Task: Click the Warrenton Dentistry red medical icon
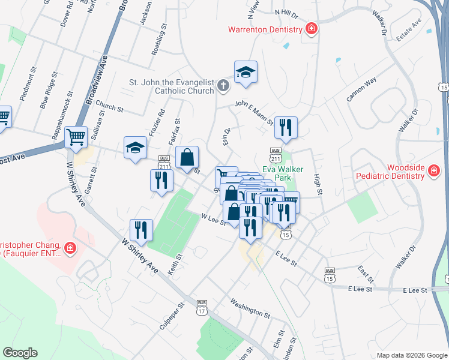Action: [x=312, y=29]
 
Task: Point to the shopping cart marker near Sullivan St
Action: [x=76, y=137]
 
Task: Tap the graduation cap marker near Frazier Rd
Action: [x=135, y=147]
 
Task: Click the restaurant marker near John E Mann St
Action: [x=286, y=127]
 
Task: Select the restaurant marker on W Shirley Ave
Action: [x=141, y=229]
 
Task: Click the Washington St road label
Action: [x=250, y=308]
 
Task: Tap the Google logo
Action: [x=20, y=353]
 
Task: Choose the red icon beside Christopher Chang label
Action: [x=70, y=247]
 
